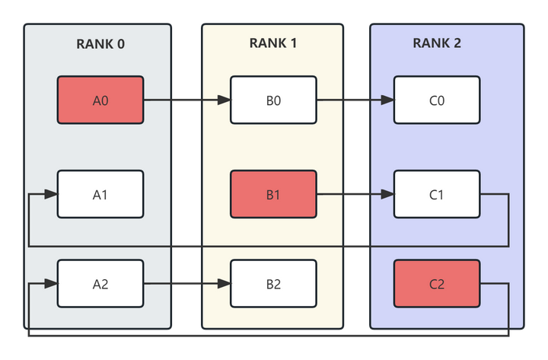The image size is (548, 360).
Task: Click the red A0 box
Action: [x=100, y=100]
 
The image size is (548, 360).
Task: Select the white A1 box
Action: [x=100, y=195]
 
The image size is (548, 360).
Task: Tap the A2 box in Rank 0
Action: [x=100, y=284]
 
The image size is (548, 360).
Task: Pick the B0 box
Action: [x=273, y=100]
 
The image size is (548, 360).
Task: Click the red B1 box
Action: [x=273, y=195]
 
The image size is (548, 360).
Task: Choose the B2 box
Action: [x=273, y=284]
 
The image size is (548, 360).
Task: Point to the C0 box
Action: [x=436, y=100]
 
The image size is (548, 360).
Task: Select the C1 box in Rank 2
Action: [x=436, y=195]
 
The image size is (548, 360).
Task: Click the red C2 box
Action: [x=436, y=284]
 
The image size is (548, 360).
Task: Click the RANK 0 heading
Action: [x=100, y=43]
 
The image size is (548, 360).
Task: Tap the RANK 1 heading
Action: [x=273, y=43]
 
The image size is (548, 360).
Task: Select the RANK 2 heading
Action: [x=436, y=43]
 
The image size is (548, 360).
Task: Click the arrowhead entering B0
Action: [x=224, y=100]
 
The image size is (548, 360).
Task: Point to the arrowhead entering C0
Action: [x=387, y=100]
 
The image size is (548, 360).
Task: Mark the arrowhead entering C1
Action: [x=387, y=195]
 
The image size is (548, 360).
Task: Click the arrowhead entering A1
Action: [x=51, y=195]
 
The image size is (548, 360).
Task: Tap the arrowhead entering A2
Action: [x=51, y=284]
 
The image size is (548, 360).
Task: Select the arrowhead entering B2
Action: [x=224, y=284]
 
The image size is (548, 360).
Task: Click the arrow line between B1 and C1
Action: [x=350, y=195]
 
